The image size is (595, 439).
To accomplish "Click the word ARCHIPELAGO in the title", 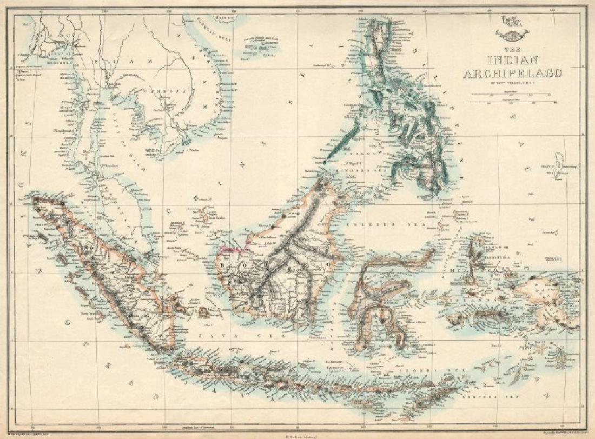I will (x=505, y=73).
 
